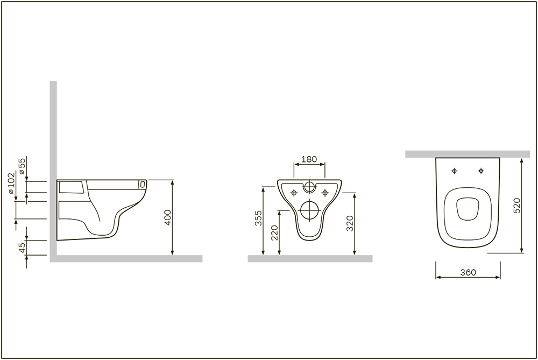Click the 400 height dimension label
point(168,217)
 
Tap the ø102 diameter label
point(11,183)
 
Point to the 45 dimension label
point(22,248)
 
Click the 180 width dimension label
point(309,159)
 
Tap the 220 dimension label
point(274,232)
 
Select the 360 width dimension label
point(468,272)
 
